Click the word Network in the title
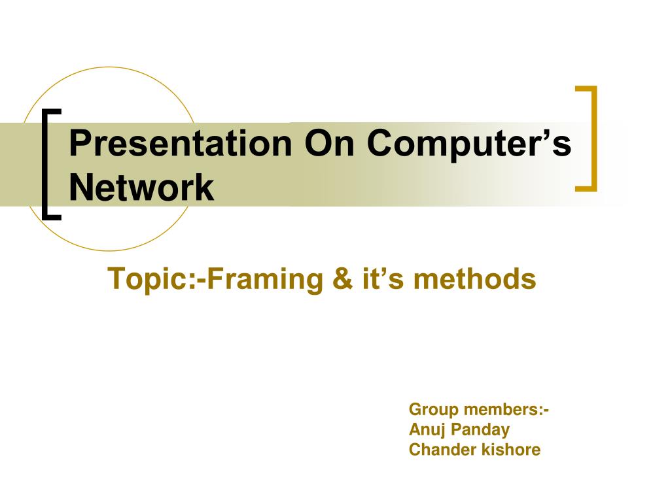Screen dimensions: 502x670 [141, 188]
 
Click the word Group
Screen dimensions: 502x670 [433, 410]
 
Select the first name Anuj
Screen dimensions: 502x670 [425, 430]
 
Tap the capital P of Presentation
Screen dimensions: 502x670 [79, 143]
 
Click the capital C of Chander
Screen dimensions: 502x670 [414, 450]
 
